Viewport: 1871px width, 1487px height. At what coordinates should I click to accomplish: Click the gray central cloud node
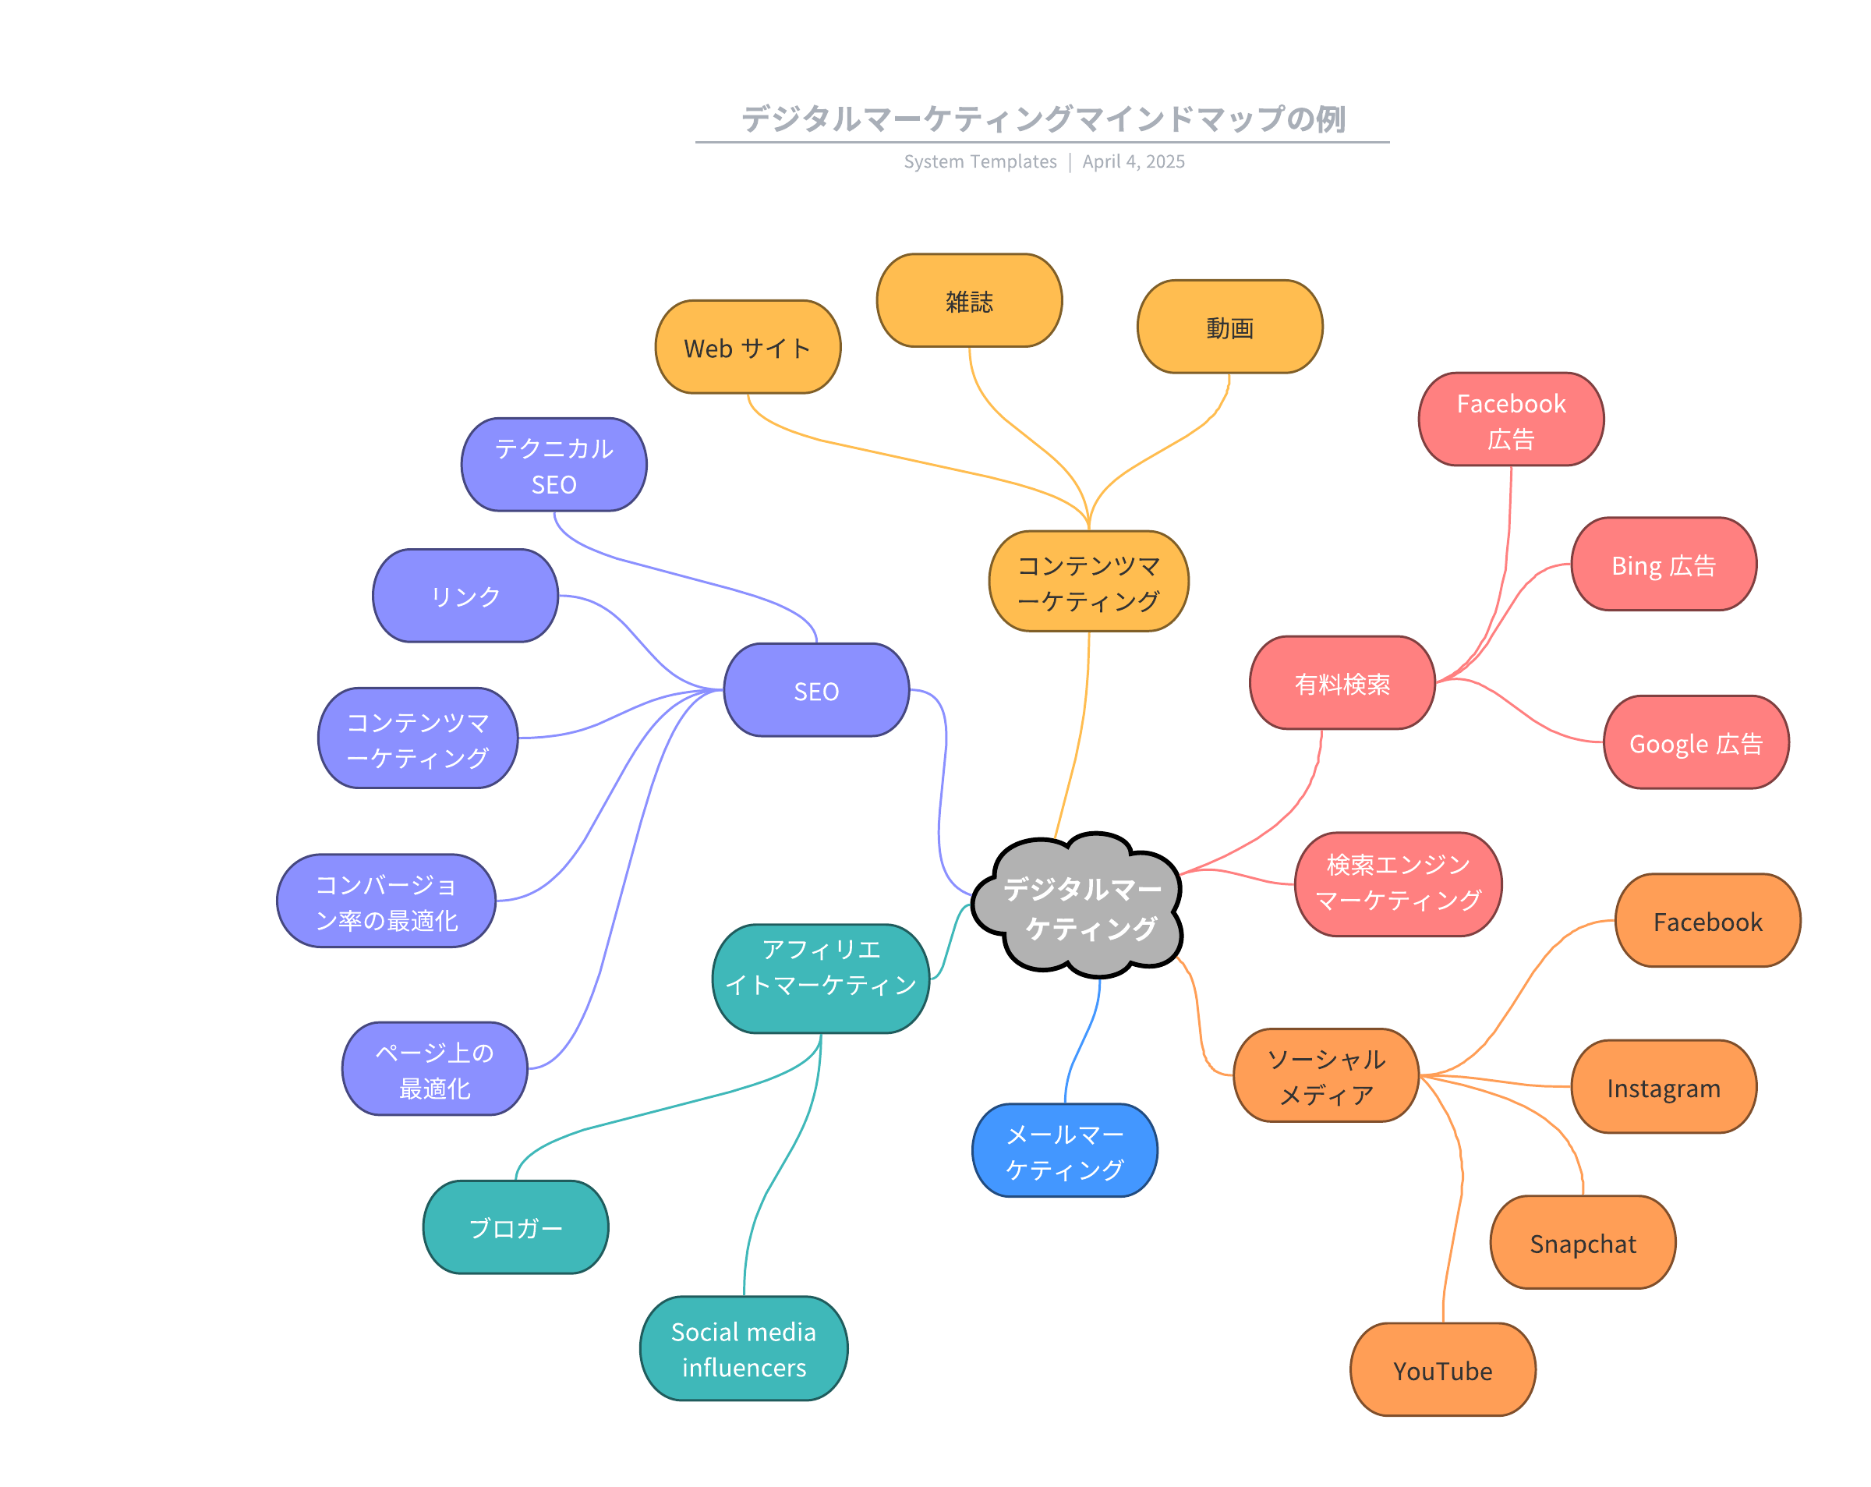[1079, 906]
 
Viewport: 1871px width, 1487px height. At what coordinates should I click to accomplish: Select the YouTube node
[1442, 1370]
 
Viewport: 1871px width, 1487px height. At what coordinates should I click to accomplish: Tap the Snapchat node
[1582, 1242]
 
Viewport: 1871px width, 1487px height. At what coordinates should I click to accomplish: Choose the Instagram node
[1663, 1087]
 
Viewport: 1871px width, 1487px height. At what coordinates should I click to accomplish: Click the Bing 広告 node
[1663, 565]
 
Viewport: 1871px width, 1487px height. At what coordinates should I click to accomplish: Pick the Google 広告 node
[1695, 742]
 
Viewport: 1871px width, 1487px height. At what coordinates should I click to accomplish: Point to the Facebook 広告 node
[1510, 420]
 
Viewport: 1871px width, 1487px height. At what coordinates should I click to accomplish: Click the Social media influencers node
[744, 1348]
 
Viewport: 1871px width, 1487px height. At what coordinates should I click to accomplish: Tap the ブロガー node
[515, 1227]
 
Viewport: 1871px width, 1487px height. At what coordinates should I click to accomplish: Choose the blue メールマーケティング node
[1064, 1150]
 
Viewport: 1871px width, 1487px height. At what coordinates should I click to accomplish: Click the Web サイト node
[747, 347]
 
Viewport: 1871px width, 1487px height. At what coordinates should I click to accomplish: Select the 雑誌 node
[968, 300]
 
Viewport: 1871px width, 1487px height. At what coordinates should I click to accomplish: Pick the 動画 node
[1229, 327]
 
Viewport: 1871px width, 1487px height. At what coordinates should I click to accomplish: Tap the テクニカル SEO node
[554, 465]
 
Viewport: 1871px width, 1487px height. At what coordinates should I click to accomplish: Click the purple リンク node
[465, 596]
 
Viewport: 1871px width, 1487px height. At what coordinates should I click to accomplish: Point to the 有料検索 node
[1342, 683]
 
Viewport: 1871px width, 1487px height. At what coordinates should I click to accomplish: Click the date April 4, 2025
[1133, 161]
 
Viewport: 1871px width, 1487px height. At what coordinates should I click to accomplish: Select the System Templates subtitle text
[980, 161]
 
